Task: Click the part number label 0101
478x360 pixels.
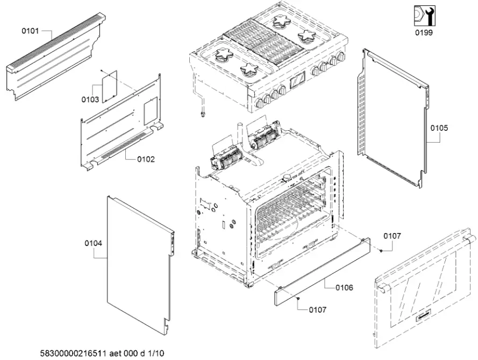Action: point(30,31)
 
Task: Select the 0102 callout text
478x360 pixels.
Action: point(146,159)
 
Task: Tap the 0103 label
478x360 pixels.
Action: point(90,100)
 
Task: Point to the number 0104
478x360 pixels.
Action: point(93,243)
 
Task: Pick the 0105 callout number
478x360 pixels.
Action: point(439,129)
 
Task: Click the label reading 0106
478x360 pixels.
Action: point(344,288)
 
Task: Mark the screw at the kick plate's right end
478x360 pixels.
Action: point(381,250)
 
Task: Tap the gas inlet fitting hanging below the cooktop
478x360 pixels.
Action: point(203,112)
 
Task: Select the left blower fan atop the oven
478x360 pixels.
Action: point(226,158)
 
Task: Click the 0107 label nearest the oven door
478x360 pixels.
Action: point(392,236)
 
